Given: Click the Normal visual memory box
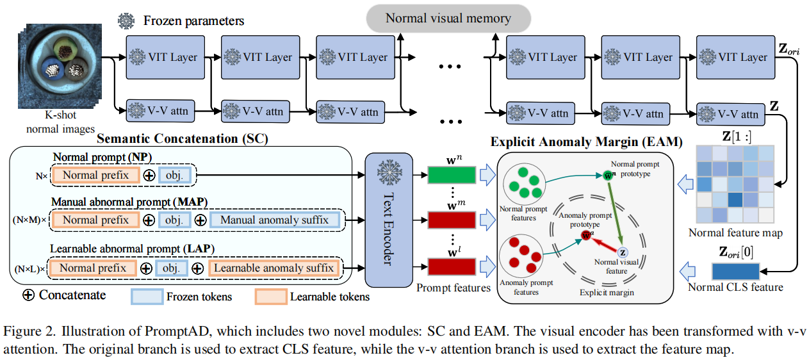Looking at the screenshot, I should click(x=448, y=18).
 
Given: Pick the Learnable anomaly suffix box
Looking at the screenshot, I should click(x=274, y=268).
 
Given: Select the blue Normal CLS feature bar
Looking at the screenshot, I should click(x=735, y=270).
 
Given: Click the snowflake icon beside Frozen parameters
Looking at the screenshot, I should click(x=125, y=20).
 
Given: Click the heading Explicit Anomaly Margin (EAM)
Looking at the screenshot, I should click(x=586, y=142).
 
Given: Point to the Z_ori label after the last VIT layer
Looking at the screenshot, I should click(x=789, y=48).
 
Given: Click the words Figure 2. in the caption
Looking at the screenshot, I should click(x=26, y=331).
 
